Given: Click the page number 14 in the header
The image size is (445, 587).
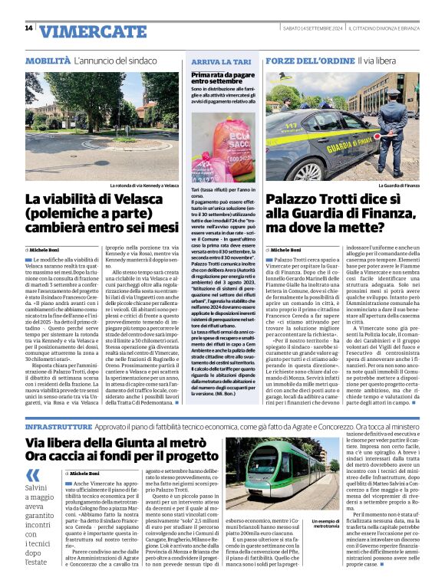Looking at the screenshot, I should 28,29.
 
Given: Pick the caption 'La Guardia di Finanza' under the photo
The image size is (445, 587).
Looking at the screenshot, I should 399,185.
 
